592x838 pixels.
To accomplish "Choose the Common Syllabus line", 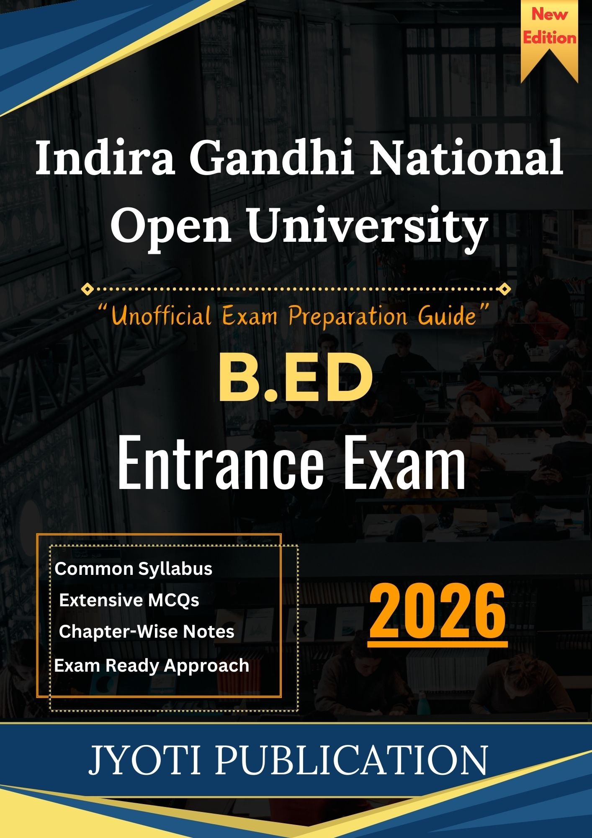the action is pyautogui.click(x=134, y=569).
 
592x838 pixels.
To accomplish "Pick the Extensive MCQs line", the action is pyautogui.click(x=129, y=600).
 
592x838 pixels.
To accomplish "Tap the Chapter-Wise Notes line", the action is pyautogui.click(x=147, y=631).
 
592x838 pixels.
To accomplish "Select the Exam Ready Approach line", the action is pyautogui.click(x=152, y=665).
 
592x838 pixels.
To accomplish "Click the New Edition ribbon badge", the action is pyautogui.click(x=549, y=38).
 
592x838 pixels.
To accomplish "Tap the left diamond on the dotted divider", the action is pyautogui.click(x=87, y=289).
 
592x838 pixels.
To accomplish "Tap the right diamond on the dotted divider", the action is pyautogui.click(x=505, y=289).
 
